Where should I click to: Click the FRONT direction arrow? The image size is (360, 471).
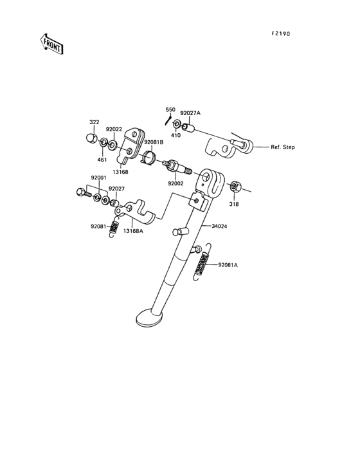51,44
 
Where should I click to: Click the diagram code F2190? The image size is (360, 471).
281,34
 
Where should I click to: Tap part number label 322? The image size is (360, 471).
94,122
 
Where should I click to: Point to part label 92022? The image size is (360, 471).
114,129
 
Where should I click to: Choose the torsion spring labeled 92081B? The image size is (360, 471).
148,158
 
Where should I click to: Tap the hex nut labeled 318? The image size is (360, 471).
233,187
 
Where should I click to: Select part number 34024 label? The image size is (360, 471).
219,226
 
